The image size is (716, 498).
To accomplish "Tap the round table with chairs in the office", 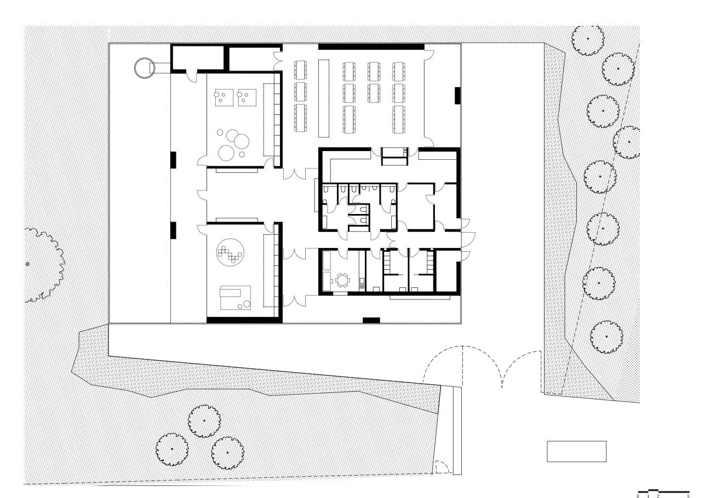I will (342, 280).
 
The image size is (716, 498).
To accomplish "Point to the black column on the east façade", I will (457, 95).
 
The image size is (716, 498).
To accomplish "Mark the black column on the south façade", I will (371, 320).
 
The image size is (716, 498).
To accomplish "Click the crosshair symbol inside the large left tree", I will (28, 264).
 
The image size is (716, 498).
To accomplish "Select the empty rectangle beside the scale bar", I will (576, 451).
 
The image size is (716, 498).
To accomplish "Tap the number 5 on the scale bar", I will (689, 496).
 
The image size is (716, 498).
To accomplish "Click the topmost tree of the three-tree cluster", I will (204, 420).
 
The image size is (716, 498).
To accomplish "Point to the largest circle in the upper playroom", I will (226, 152).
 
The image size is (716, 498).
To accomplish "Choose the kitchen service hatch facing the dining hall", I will (394, 156).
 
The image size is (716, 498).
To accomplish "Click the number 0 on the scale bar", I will (638, 496).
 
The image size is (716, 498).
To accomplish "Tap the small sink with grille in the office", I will (361, 283).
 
